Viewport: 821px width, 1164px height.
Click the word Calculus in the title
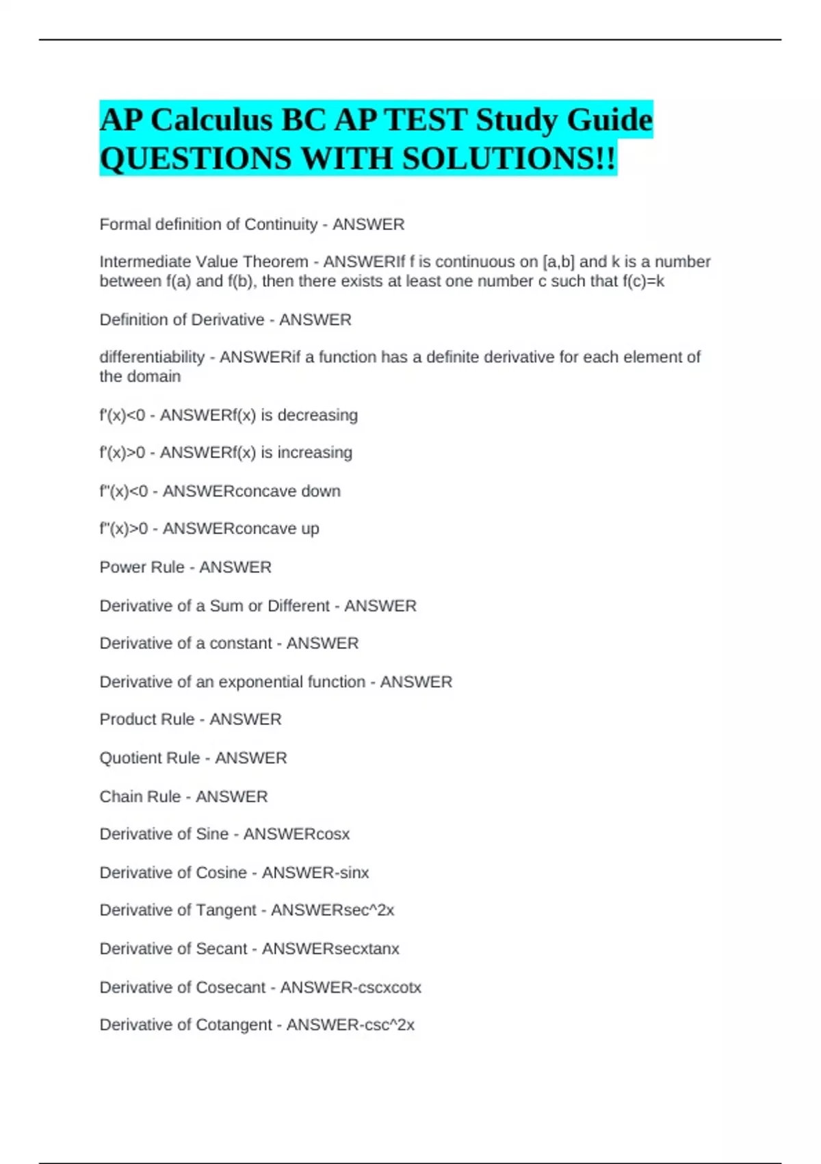211,120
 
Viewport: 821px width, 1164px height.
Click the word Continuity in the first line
281,225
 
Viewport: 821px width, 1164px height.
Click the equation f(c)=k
643,281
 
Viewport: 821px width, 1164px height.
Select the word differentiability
152,357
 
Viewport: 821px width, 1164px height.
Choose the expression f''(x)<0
123,491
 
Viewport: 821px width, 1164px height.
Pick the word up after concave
309,529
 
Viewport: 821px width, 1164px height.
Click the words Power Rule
142,567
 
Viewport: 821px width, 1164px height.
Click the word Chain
119,796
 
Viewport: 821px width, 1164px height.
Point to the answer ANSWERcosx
296,834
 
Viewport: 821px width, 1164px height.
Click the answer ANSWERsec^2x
333,910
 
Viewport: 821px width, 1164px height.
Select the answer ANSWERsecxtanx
330,948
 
